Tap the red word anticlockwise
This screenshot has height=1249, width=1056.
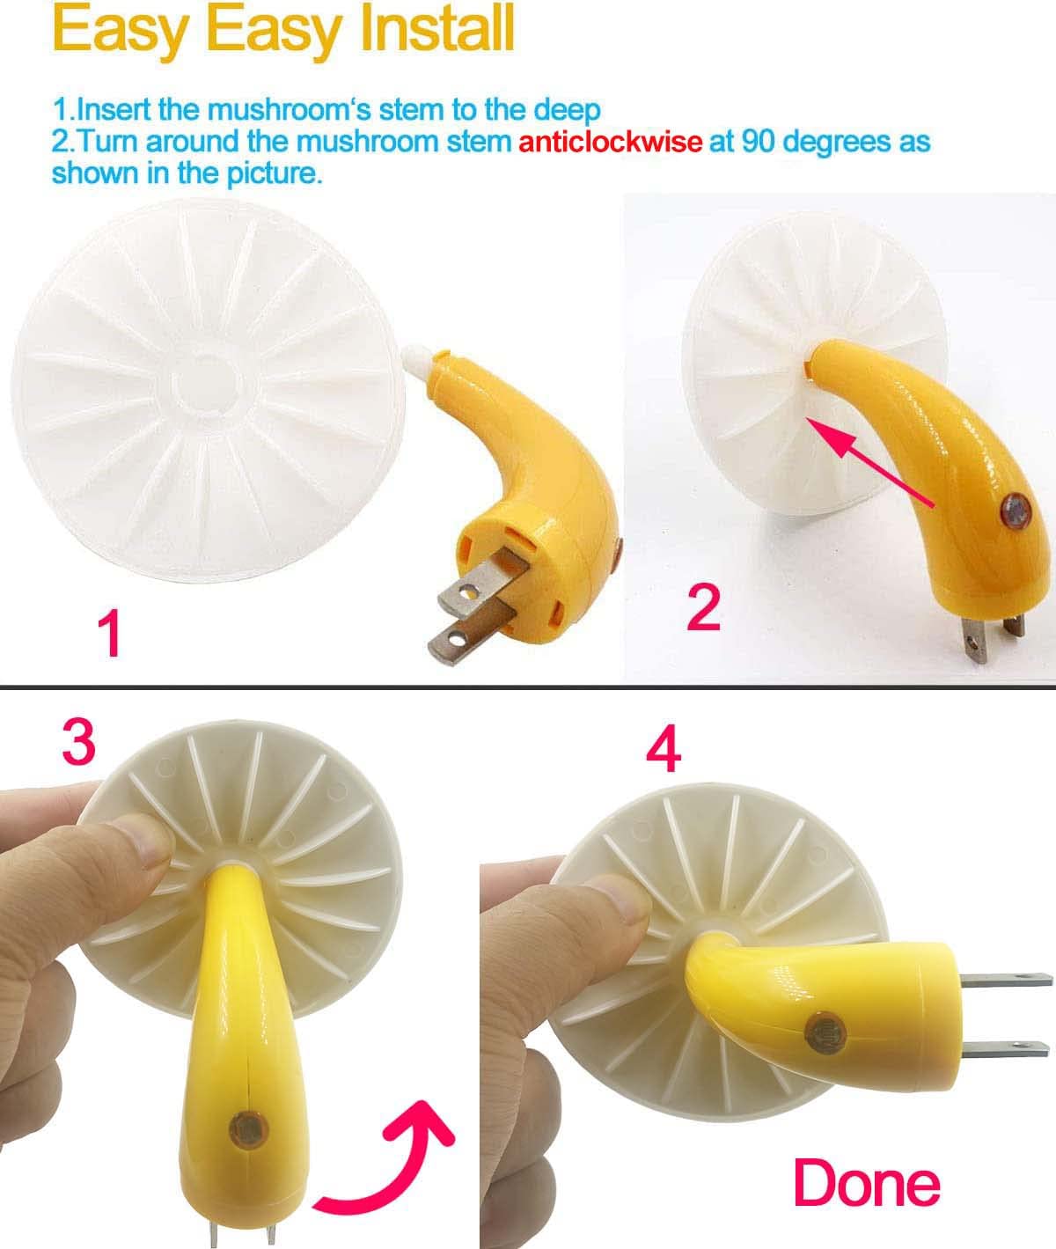(x=610, y=141)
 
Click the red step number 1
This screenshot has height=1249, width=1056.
(x=109, y=635)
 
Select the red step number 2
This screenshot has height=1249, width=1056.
(x=702, y=606)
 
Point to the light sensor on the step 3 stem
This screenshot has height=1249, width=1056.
(x=244, y=1127)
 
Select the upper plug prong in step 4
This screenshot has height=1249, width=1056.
(x=1003, y=979)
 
